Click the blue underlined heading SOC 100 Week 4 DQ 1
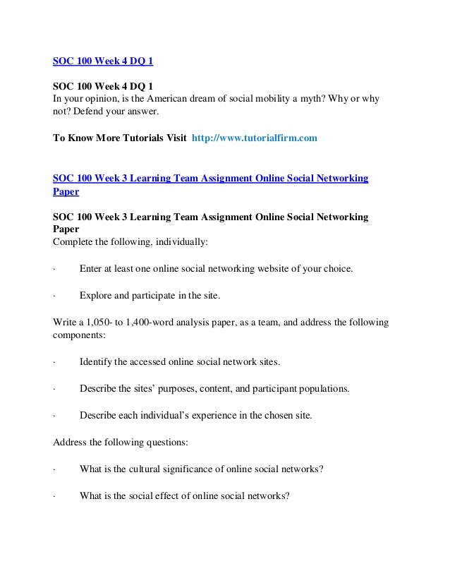click(104, 61)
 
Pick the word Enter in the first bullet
click(92, 269)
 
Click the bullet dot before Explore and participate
click(55, 296)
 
